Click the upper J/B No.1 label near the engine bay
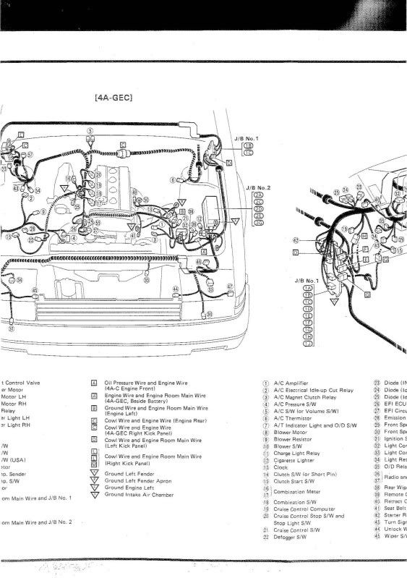pyautogui.click(x=246, y=137)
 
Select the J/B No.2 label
pyautogui.click(x=257, y=187)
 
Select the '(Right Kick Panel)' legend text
pyautogui.click(x=129, y=461)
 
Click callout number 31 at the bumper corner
pyautogui.click(x=12, y=328)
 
